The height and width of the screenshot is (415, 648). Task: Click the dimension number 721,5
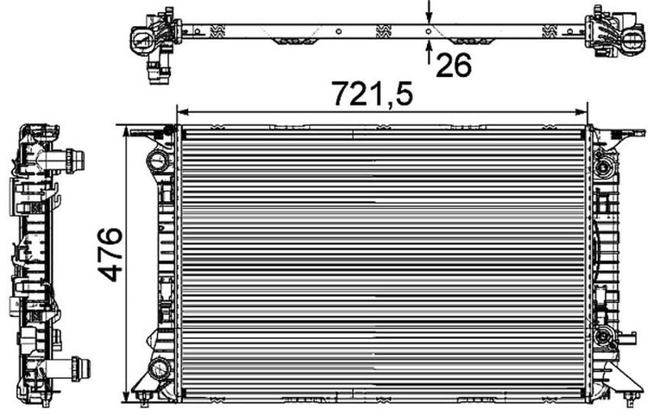tap(371, 94)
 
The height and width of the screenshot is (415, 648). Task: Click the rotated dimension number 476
tap(110, 255)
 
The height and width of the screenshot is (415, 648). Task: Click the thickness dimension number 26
tap(453, 66)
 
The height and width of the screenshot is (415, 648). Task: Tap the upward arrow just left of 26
tap(428, 45)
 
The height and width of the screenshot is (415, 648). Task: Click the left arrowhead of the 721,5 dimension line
tap(183, 111)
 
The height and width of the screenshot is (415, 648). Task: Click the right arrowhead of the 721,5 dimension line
tap(582, 111)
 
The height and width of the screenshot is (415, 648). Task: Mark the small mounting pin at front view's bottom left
tap(144, 396)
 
